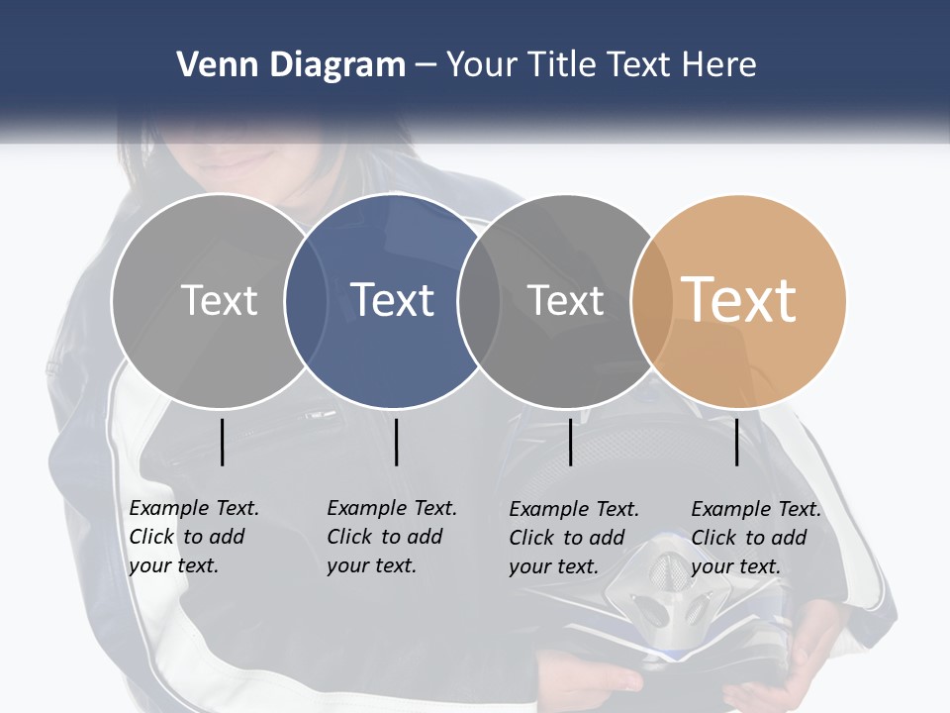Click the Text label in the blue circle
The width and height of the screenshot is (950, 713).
[393, 300]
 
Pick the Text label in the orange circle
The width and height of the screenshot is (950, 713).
[739, 300]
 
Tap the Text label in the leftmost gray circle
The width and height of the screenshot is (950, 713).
[220, 300]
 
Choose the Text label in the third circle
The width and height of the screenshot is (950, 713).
[566, 300]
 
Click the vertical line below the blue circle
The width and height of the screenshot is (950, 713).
[396, 442]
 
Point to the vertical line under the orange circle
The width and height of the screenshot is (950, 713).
[737, 442]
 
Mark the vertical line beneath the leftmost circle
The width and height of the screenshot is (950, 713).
[223, 442]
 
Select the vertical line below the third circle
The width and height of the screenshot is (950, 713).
[571, 442]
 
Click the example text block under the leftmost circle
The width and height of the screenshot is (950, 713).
[194, 537]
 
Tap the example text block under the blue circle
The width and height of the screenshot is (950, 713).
[392, 537]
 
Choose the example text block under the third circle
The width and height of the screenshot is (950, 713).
[574, 538]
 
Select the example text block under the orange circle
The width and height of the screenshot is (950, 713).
[756, 538]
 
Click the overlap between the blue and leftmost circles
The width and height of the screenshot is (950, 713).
[306, 300]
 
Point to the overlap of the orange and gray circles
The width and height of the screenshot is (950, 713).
[652, 300]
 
